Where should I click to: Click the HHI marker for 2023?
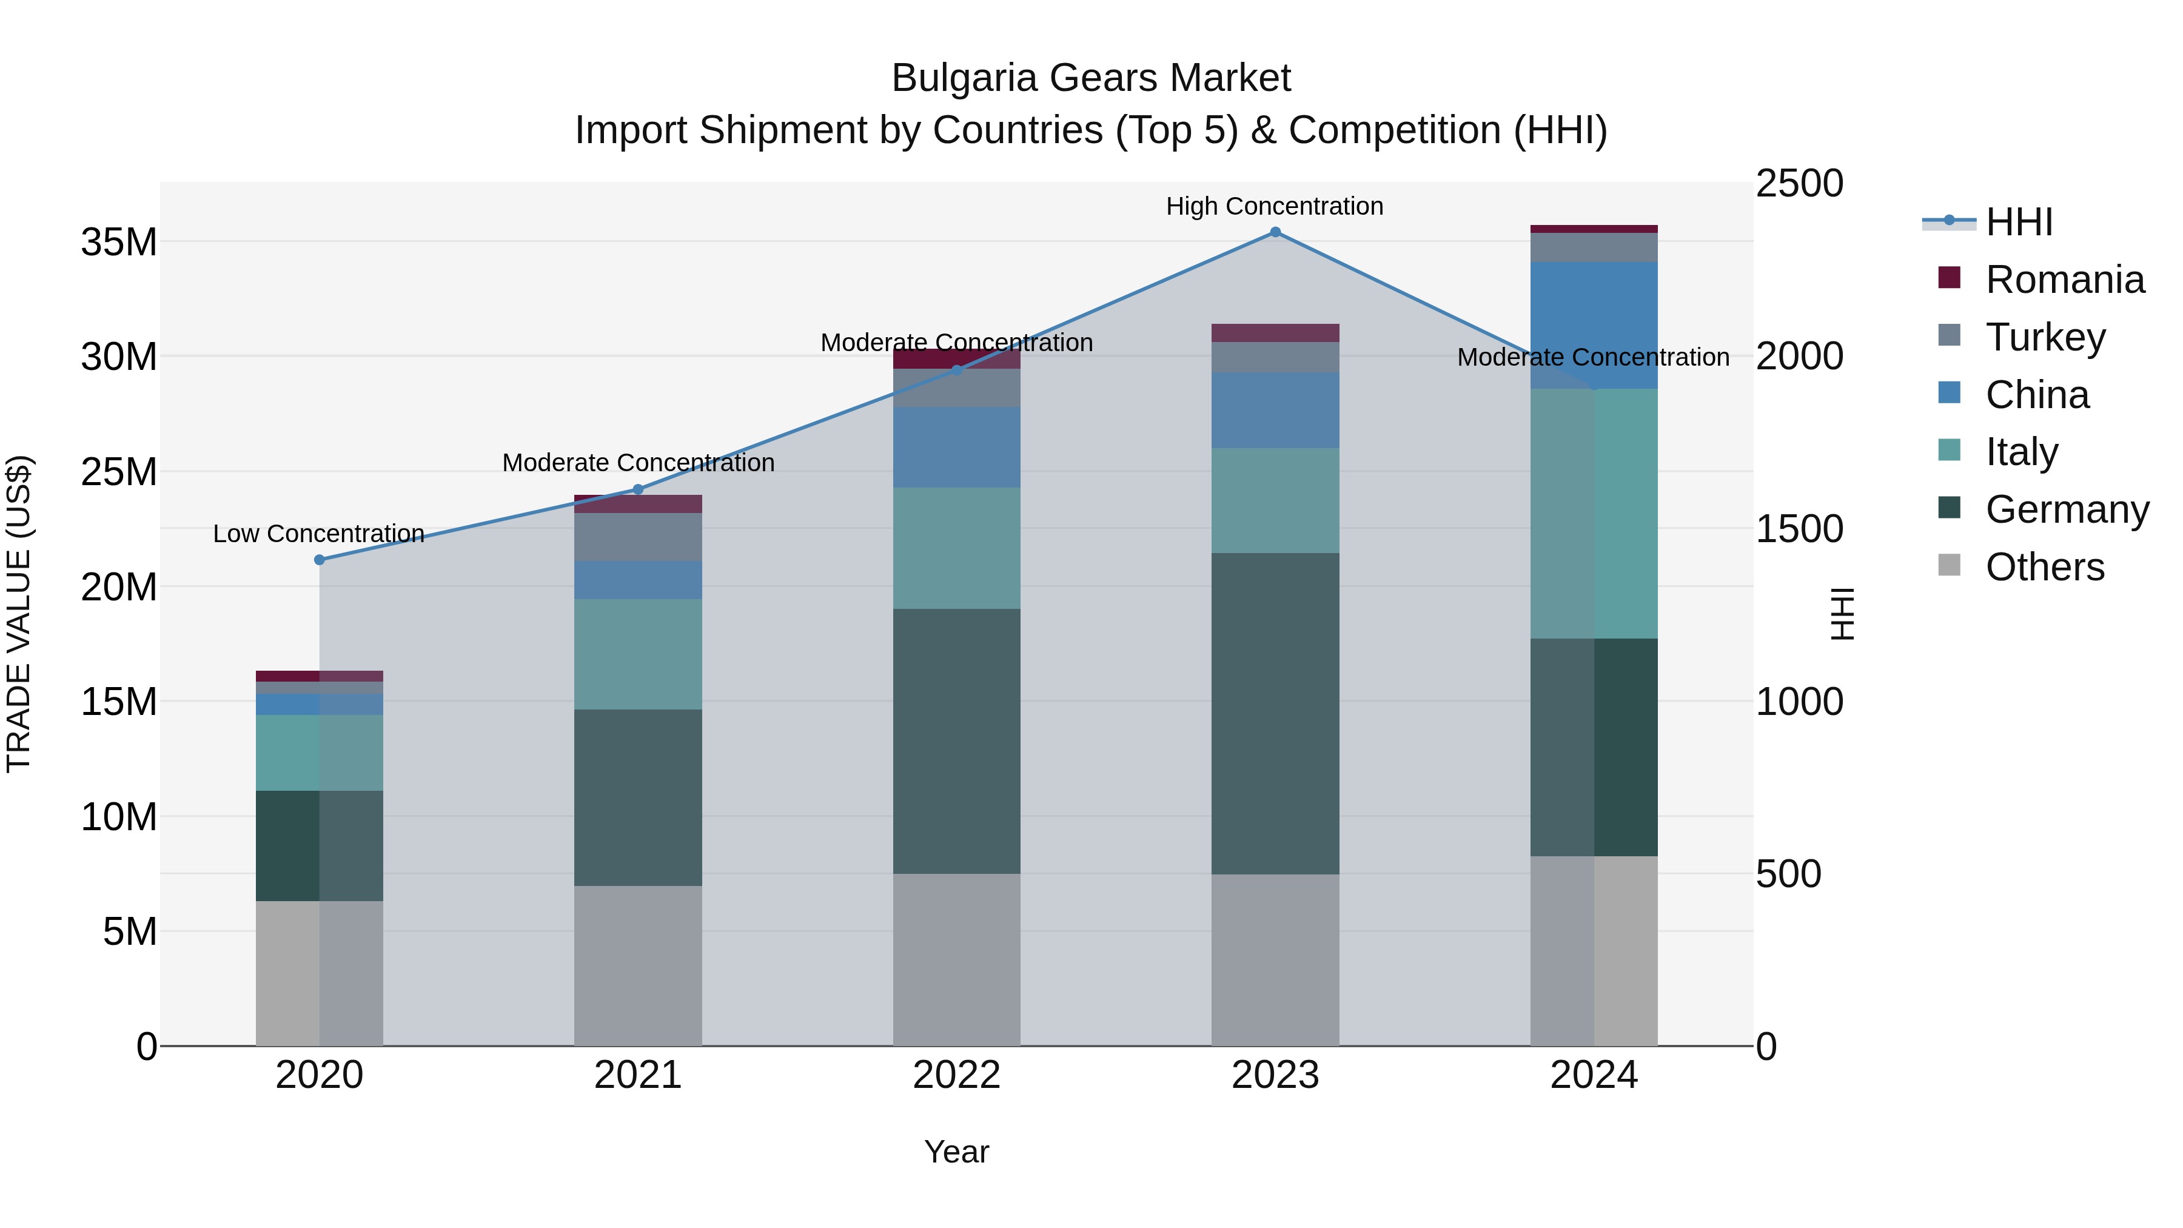[1275, 232]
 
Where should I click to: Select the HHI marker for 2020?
[320, 560]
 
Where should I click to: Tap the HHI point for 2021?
[638, 490]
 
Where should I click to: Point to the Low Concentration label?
[318, 534]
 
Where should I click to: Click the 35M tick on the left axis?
[119, 243]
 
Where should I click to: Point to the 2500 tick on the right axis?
[1799, 184]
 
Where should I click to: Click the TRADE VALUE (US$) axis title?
[19, 614]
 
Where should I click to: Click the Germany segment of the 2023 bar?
[1275, 714]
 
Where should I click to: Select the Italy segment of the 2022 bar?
[957, 548]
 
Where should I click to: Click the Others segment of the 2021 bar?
[638, 966]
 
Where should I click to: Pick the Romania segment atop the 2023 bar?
[1275, 333]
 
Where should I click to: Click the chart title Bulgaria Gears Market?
[1091, 79]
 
